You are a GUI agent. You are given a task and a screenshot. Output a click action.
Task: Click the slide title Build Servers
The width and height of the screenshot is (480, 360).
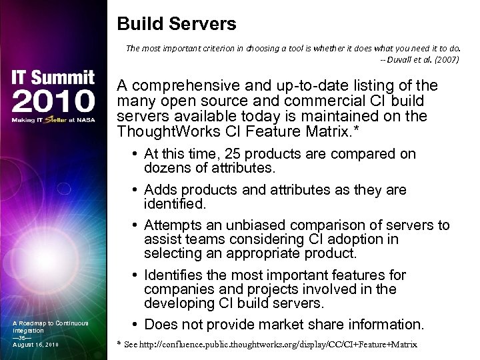177,25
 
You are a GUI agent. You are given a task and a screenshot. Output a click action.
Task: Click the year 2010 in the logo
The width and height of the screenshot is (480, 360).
53,101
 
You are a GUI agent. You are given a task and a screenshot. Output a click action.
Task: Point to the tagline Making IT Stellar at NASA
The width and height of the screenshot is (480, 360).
53,120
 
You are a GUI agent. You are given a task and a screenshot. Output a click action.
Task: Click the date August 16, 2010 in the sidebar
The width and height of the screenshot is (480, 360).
35,344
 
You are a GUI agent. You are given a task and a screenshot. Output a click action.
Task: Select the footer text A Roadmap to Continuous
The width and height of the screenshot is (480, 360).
50,323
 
